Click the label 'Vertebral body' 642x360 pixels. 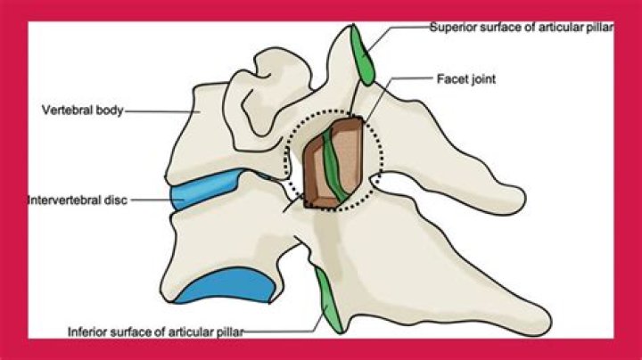82,110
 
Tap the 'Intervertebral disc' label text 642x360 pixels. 78,200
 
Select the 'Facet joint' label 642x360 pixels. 466,78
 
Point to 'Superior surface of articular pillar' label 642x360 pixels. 522,28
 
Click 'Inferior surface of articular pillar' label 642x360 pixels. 155,331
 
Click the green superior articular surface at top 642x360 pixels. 362,54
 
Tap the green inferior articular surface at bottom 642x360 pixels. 329,300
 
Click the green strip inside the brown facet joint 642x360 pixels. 334,166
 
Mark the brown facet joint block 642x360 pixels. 333,163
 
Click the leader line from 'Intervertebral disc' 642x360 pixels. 157,200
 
